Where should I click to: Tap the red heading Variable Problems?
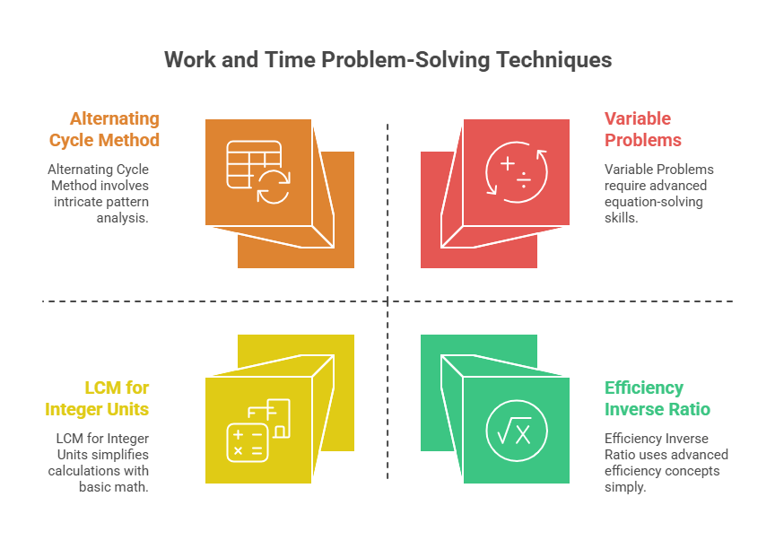[x=642, y=129]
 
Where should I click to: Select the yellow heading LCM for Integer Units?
[x=98, y=398]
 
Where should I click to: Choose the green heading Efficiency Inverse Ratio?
[x=657, y=398]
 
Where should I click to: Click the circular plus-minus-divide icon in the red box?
[x=516, y=172]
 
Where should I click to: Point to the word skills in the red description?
[x=621, y=217]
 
